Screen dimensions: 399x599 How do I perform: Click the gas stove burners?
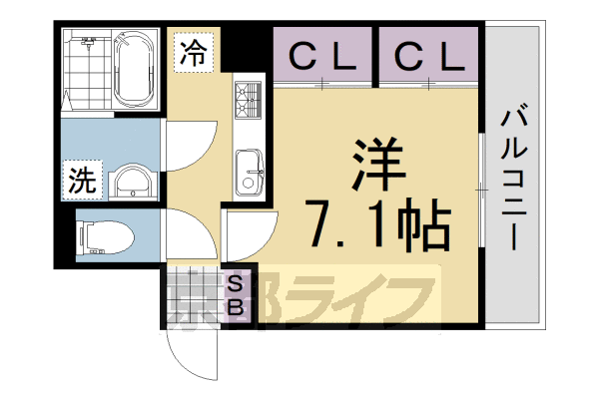[x=247, y=101]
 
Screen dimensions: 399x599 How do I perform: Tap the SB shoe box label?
[x=237, y=295]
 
